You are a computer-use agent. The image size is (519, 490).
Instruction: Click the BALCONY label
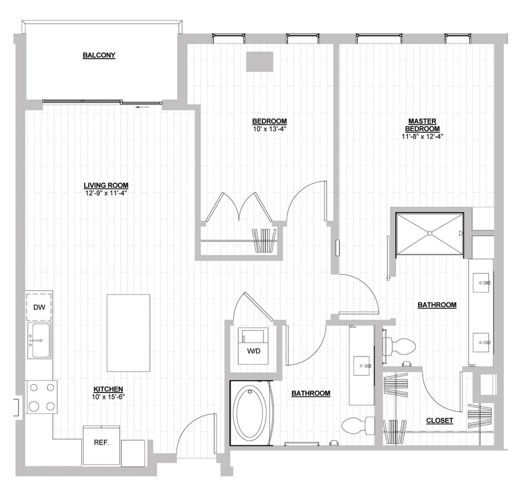click(x=99, y=56)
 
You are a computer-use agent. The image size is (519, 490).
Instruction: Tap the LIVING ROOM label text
click(x=105, y=186)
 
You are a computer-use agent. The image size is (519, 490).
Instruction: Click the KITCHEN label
click(x=109, y=389)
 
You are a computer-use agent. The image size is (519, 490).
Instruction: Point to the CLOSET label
click(x=439, y=420)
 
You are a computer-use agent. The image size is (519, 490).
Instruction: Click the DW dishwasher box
click(x=39, y=307)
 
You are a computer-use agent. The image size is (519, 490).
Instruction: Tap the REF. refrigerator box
click(x=102, y=442)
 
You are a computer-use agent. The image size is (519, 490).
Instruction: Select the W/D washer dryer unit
click(x=253, y=347)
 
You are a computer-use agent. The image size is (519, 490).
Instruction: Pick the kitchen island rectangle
click(x=128, y=333)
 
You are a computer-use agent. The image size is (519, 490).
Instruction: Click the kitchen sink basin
click(x=39, y=341)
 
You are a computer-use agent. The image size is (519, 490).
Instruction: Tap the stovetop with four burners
click(x=42, y=397)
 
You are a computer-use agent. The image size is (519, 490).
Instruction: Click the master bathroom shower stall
click(x=430, y=233)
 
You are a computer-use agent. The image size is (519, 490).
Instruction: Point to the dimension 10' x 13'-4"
click(x=269, y=129)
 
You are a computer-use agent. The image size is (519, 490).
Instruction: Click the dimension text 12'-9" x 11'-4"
click(x=105, y=193)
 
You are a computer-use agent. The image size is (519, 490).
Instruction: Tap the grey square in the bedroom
click(x=259, y=62)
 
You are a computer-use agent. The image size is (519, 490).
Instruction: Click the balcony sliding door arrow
click(x=137, y=107)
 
